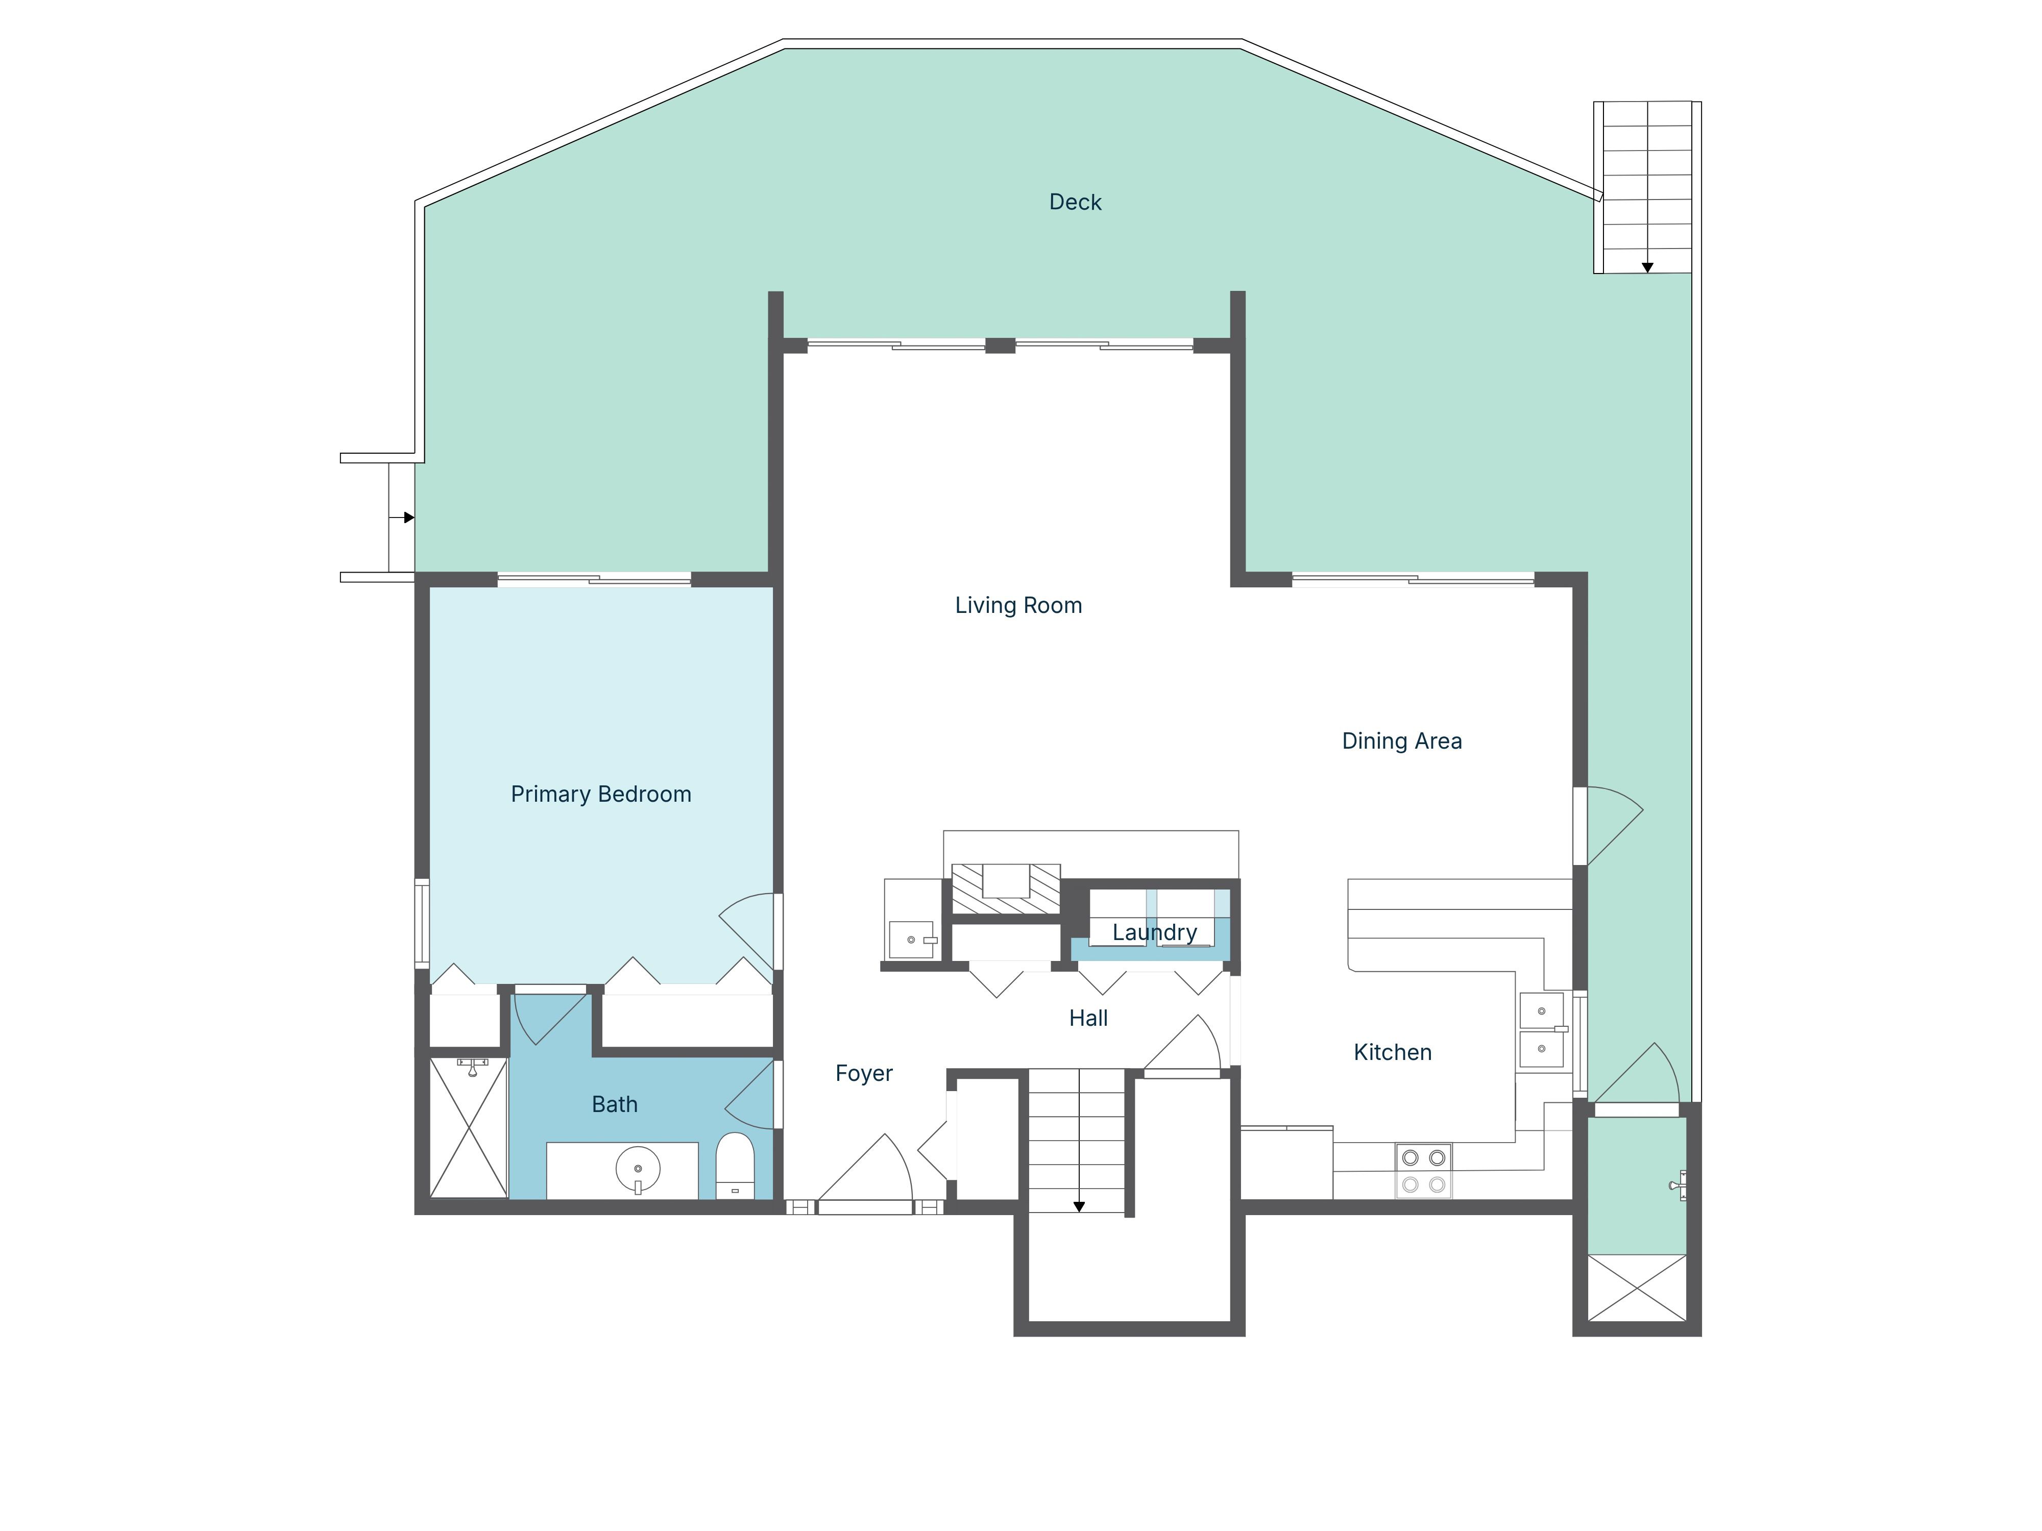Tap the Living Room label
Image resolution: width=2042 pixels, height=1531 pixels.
(x=1018, y=605)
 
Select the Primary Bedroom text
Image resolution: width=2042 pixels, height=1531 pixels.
(x=601, y=795)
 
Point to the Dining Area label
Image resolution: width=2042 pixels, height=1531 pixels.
(x=1401, y=741)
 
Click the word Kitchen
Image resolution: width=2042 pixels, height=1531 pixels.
(x=1392, y=1052)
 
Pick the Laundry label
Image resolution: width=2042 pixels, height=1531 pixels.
(x=1154, y=933)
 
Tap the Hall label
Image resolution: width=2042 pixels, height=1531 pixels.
(x=1088, y=1018)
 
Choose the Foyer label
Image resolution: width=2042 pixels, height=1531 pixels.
(x=864, y=1073)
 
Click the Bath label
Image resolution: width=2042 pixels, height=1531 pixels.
(x=615, y=1105)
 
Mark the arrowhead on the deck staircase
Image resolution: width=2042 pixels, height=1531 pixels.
(x=1647, y=267)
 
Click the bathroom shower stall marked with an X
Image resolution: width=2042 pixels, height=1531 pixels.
(x=469, y=1128)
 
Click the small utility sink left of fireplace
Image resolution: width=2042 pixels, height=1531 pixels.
(x=911, y=940)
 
